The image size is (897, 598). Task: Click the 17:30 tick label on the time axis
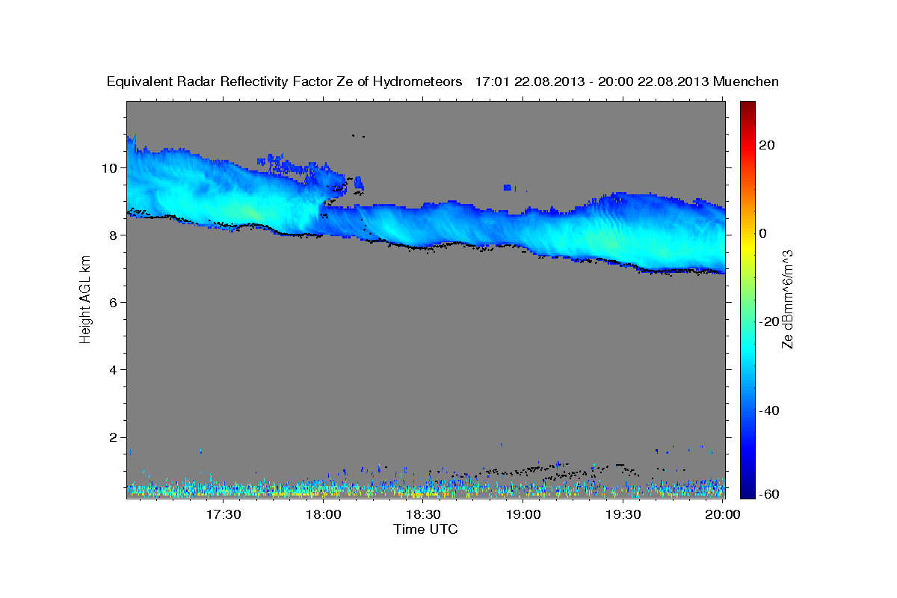tap(224, 515)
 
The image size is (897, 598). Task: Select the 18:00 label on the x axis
tap(324, 515)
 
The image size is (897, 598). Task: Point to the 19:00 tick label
tap(523, 515)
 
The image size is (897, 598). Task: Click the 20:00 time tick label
tap(723, 515)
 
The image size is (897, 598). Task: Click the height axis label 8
tap(114, 235)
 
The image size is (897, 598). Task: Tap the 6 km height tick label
tap(114, 302)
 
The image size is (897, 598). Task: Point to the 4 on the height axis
tap(114, 370)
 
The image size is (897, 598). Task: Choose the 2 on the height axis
tap(114, 437)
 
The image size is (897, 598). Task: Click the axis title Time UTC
tap(425, 529)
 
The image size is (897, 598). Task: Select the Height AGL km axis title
tap(86, 299)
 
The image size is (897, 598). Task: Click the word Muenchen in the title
tap(746, 81)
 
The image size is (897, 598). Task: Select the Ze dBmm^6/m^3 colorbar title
tap(788, 299)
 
